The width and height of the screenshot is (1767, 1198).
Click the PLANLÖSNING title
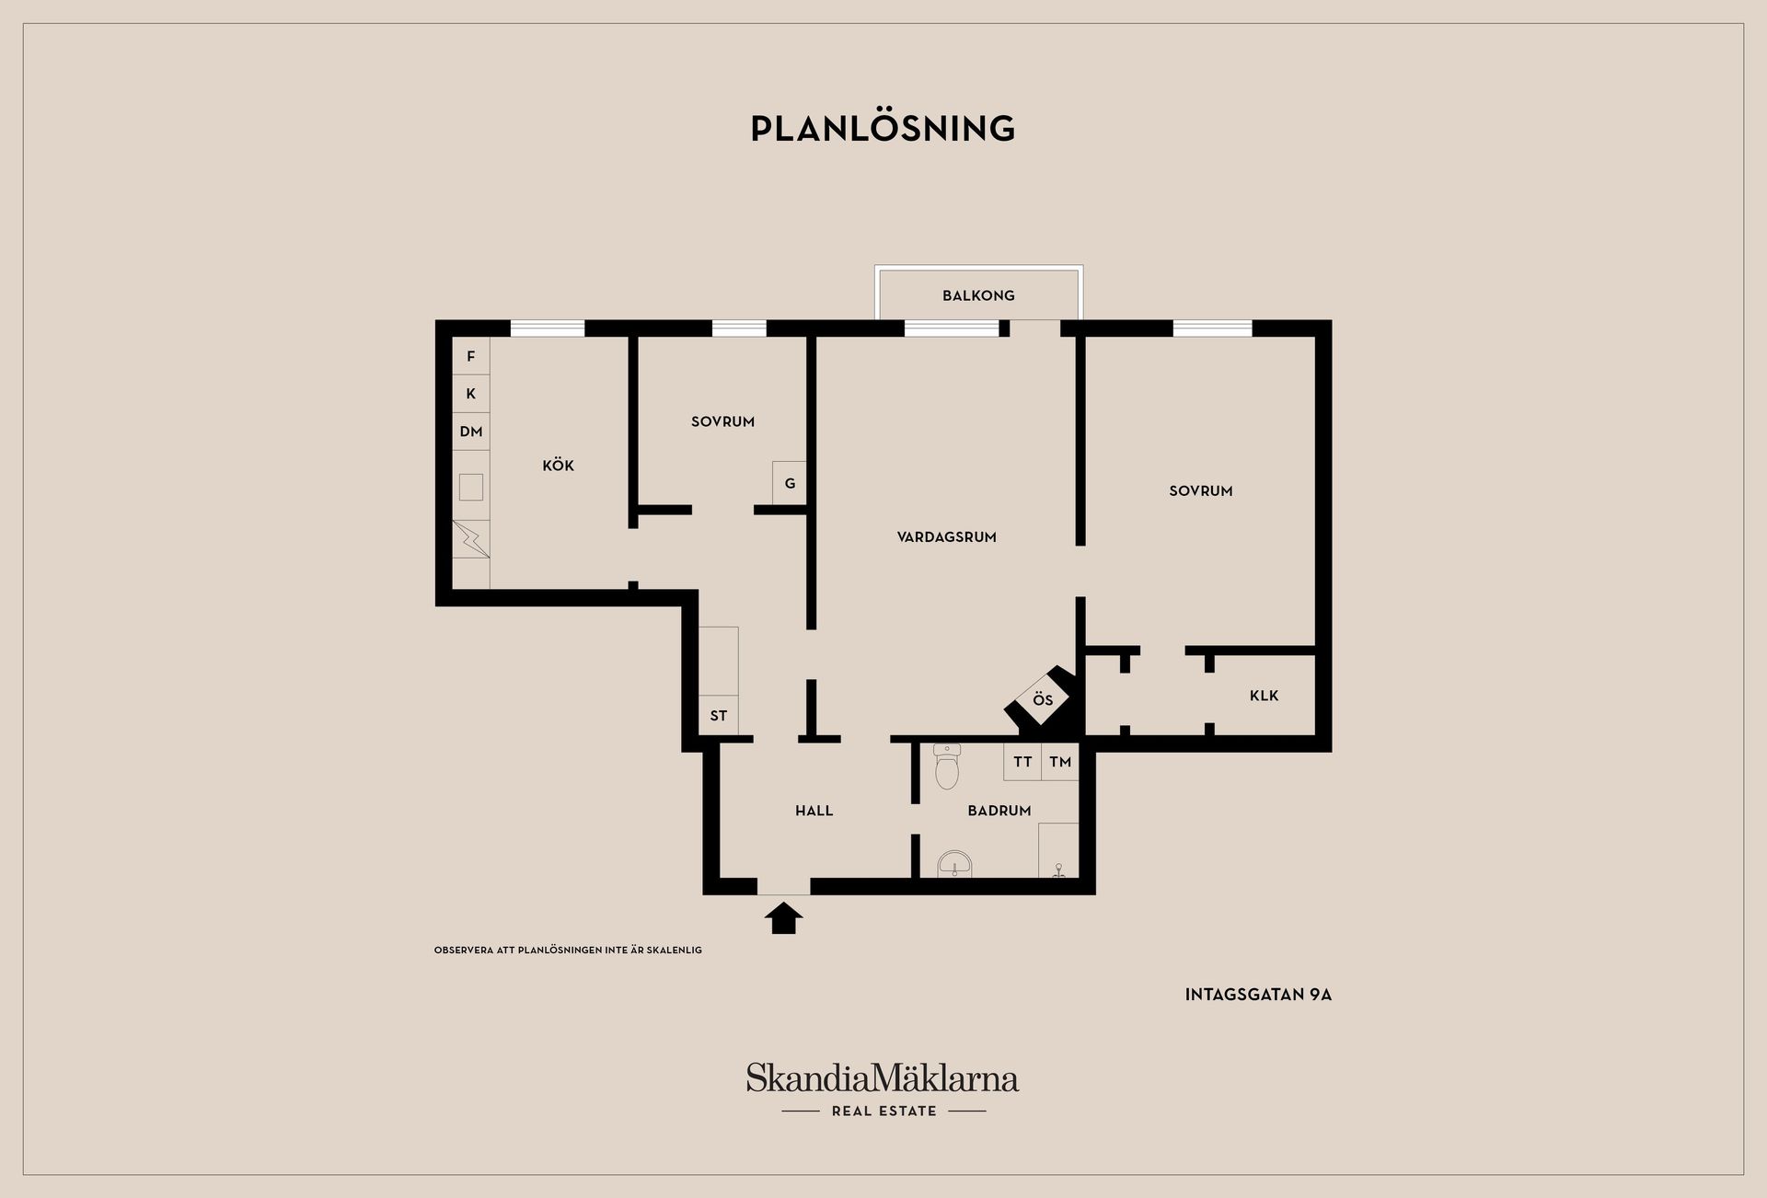click(x=883, y=128)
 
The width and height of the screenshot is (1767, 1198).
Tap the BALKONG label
click(x=978, y=295)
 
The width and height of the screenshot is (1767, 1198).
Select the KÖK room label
click(x=558, y=465)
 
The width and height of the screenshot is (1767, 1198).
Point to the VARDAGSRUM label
click(x=946, y=536)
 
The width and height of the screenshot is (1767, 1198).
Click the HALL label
click(x=814, y=811)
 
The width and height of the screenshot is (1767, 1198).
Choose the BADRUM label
click(x=999, y=811)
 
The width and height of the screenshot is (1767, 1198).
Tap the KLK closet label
click(x=1264, y=696)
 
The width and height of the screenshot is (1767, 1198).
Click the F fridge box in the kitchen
click(x=470, y=356)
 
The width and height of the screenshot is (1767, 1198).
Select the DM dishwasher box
click(x=470, y=432)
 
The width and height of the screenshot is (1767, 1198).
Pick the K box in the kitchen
click(x=470, y=394)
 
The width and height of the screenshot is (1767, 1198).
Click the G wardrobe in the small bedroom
click(x=790, y=483)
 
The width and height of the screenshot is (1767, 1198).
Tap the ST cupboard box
click(x=719, y=715)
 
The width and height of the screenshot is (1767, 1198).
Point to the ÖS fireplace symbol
click(x=1043, y=700)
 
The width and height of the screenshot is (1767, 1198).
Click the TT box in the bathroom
click(x=1022, y=762)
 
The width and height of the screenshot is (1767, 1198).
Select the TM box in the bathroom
click(x=1060, y=762)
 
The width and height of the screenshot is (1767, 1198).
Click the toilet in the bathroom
click(x=947, y=766)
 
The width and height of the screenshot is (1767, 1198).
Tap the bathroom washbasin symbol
click(x=955, y=865)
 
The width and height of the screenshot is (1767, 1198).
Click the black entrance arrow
click(x=783, y=918)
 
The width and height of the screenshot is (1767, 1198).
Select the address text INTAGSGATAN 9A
click(x=1258, y=995)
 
